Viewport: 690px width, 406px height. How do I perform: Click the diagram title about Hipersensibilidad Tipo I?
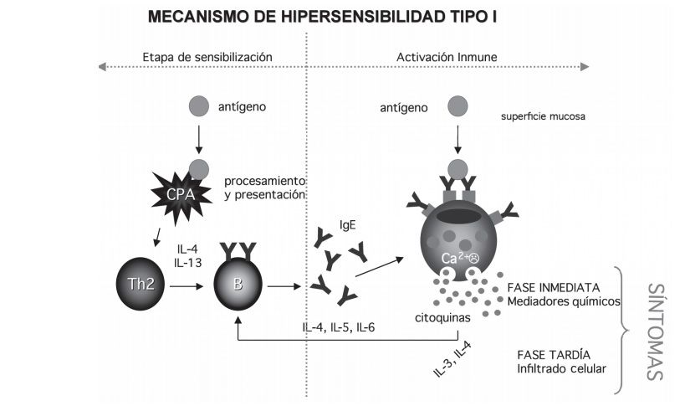coord(325,16)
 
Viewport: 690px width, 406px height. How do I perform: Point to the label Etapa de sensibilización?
coord(208,57)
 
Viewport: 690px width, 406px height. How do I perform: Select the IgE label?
coord(348,224)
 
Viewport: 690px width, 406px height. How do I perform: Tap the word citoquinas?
coord(441,319)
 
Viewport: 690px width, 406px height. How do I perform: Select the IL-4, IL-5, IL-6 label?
coord(338,326)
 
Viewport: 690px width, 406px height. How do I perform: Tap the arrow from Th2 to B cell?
coord(188,287)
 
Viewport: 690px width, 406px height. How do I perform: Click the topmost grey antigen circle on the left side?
coord(198,106)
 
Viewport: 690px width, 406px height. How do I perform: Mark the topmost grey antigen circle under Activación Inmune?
coord(457,106)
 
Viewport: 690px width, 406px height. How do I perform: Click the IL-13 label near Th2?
coord(188,263)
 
